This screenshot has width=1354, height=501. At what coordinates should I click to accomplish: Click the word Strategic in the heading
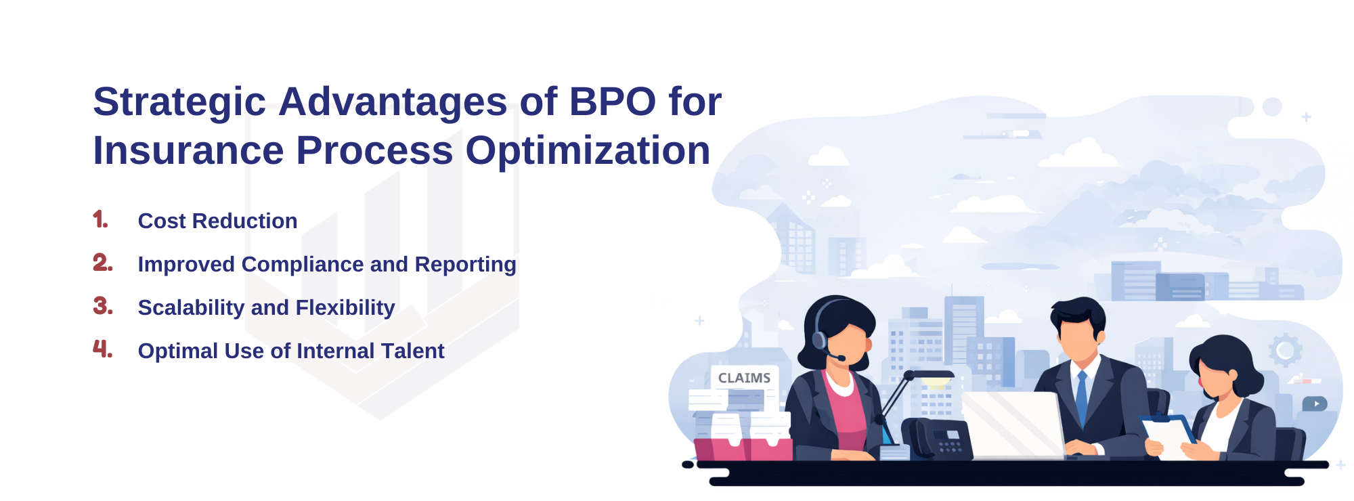click(x=179, y=102)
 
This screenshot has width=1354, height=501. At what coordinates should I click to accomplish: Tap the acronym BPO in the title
click(x=612, y=102)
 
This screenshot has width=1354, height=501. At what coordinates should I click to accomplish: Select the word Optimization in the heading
click(x=588, y=150)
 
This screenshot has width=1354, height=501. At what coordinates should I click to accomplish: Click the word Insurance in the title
click(x=188, y=150)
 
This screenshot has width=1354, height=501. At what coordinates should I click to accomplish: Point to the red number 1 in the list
click(x=100, y=219)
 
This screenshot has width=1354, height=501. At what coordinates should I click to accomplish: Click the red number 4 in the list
click(x=102, y=349)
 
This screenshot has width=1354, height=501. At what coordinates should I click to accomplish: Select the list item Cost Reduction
click(x=217, y=221)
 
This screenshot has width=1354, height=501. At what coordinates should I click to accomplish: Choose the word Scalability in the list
click(x=191, y=308)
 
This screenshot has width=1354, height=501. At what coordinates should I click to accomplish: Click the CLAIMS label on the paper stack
click(x=744, y=378)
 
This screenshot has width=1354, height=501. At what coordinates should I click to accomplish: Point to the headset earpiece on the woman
click(x=819, y=339)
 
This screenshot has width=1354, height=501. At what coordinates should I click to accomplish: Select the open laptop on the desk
click(x=1013, y=424)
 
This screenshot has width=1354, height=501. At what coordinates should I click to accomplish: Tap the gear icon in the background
click(x=1285, y=350)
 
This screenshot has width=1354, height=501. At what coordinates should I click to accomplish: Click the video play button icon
click(x=1315, y=404)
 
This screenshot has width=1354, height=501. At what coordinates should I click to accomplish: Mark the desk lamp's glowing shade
click(x=933, y=375)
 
